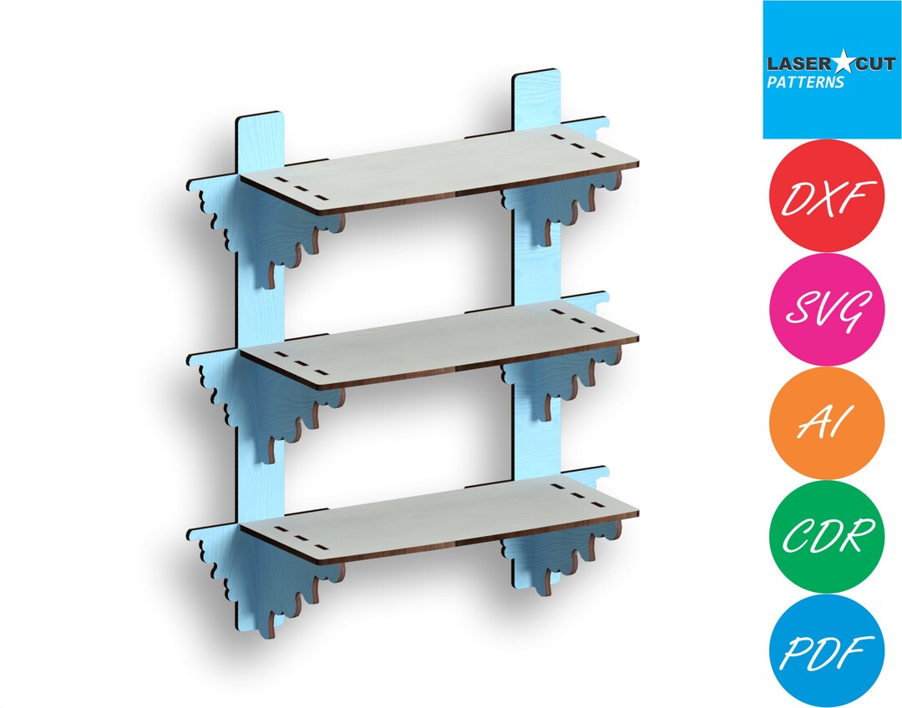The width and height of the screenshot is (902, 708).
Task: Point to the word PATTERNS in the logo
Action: (806, 83)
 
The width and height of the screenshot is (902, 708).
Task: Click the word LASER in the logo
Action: (790, 63)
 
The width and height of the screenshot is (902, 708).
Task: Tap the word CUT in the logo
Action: (855, 63)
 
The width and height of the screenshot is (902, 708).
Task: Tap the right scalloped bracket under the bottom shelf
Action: (543, 555)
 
